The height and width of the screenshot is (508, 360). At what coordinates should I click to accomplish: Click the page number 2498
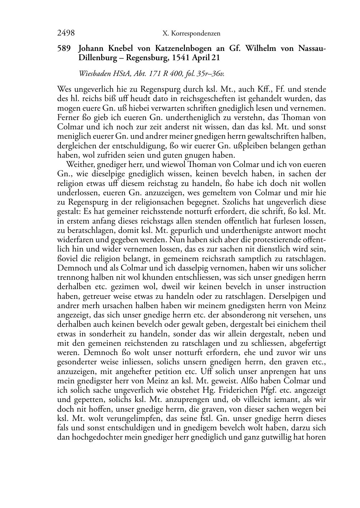(66, 33)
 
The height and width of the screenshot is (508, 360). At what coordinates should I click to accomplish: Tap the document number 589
(63, 48)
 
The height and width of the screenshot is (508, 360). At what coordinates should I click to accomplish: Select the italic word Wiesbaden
(94, 74)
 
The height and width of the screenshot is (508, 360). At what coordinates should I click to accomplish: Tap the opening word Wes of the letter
(64, 89)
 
